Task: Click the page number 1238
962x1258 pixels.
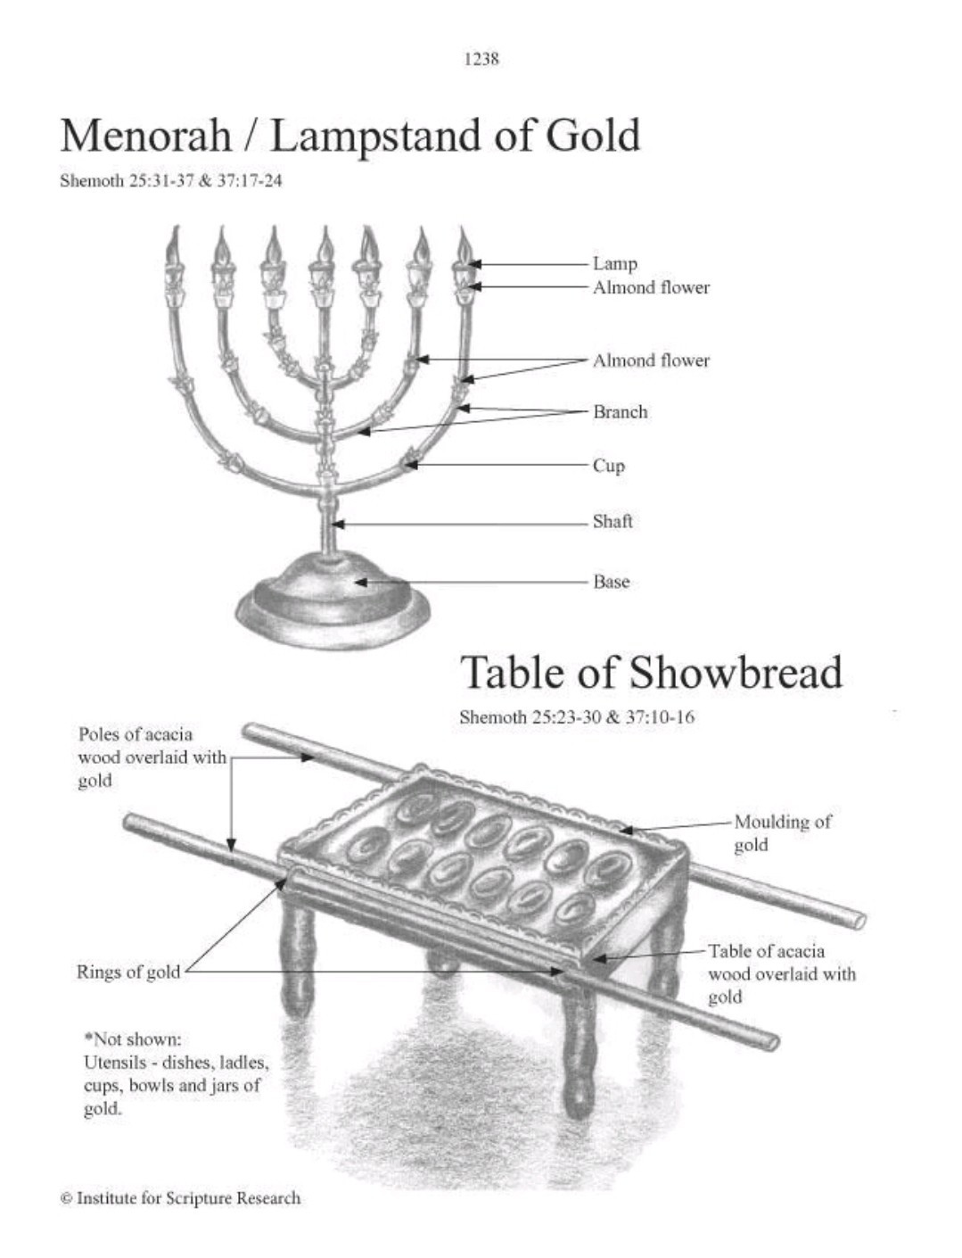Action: (481, 59)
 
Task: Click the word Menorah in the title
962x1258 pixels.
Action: (146, 137)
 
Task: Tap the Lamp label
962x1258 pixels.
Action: (614, 264)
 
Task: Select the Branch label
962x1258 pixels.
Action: (621, 412)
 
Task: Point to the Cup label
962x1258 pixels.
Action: (609, 466)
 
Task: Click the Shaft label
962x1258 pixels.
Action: (613, 522)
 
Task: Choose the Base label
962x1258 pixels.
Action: (611, 583)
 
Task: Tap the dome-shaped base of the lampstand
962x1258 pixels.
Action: (333, 596)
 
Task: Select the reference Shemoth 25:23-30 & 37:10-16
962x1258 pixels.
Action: (577, 717)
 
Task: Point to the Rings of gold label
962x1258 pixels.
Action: (128, 972)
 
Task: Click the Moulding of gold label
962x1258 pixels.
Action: (782, 833)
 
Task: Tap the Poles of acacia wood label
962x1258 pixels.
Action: (152, 757)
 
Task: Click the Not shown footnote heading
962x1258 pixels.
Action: (133, 1039)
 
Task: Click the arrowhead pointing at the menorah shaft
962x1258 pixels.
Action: (338, 524)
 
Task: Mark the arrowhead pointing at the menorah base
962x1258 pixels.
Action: (361, 583)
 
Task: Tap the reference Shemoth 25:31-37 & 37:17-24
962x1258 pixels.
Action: (170, 181)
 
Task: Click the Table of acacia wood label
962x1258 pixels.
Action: (782, 974)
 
